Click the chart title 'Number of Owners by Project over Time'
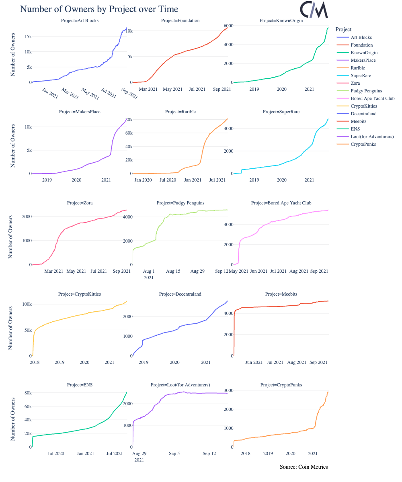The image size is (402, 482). point(99,9)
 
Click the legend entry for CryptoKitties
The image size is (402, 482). point(364,106)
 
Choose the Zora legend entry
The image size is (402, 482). point(355,83)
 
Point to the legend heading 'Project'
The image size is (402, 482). point(343,29)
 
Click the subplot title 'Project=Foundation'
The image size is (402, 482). point(180,20)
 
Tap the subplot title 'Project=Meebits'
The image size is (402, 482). point(281,294)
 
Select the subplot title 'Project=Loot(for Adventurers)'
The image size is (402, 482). point(180,385)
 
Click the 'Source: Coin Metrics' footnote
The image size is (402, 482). point(304,467)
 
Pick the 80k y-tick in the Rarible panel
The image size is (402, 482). point(128,120)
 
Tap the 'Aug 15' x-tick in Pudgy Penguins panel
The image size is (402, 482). point(173,272)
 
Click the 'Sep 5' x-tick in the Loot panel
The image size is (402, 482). point(174,453)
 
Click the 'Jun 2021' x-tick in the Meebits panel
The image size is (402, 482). point(254,362)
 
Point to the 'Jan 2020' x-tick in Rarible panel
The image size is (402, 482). point(143,180)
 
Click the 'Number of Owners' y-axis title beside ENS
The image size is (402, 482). point(13,419)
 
